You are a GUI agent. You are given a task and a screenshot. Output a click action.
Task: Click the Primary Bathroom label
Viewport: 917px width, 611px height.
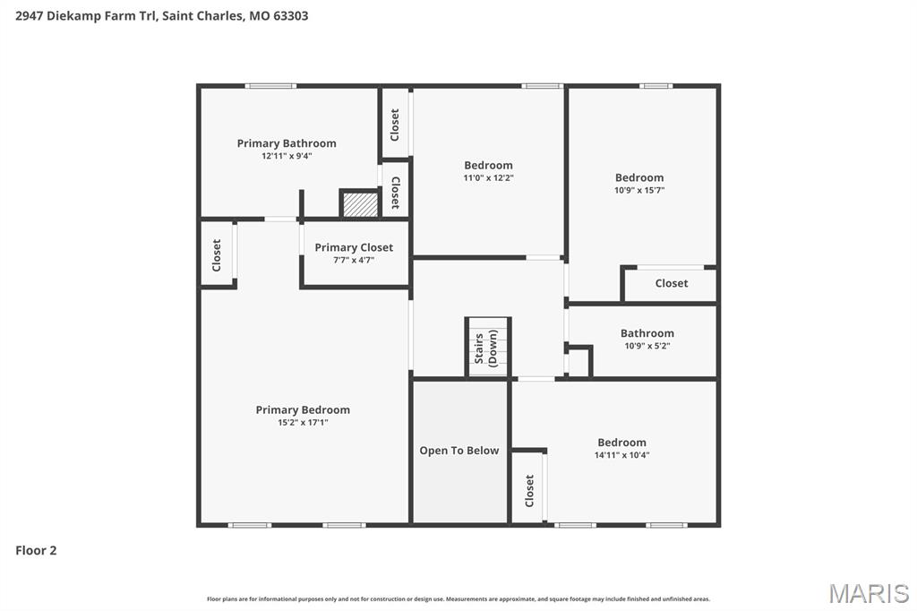pos(287,143)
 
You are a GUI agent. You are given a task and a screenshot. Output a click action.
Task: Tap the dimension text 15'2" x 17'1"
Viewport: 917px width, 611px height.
pos(303,422)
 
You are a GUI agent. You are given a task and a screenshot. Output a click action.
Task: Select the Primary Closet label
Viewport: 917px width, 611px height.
pos(354,247)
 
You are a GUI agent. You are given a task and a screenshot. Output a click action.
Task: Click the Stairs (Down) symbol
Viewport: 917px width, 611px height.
pos(488,348)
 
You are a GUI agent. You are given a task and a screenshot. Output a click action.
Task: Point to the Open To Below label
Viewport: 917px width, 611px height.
pos(459,451)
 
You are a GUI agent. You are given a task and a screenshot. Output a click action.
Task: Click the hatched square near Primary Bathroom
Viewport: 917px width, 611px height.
pos(361,203)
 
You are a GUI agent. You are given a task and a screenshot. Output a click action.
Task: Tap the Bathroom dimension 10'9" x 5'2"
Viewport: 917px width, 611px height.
pos(647,346)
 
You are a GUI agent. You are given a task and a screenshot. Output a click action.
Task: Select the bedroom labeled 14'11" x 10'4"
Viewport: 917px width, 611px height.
pos(621,443)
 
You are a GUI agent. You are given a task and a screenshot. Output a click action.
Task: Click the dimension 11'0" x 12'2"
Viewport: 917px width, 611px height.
pos(488,177)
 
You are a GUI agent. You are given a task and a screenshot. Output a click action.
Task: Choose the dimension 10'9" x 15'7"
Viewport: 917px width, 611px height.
pos(639,190)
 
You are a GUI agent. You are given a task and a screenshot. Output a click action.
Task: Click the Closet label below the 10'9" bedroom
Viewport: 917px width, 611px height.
pos(671,283)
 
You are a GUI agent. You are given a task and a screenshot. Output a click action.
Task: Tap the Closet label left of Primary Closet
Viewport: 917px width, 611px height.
pos(217,254)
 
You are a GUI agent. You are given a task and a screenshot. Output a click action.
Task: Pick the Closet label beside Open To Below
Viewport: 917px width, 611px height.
pos(529,490)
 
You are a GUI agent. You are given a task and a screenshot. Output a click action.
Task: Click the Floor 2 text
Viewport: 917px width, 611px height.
pos(36,551)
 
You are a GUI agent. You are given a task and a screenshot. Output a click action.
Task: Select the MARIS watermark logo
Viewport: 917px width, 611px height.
pos(869,593)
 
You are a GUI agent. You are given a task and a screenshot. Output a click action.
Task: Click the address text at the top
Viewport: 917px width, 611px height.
pos(162,16)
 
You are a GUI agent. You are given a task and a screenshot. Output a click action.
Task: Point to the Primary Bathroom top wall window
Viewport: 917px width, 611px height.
pos(270,86)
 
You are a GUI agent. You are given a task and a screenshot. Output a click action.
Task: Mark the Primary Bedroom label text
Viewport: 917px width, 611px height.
pos(303,409)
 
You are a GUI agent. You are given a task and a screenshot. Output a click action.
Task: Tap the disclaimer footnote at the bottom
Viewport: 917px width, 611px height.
pos(458,598)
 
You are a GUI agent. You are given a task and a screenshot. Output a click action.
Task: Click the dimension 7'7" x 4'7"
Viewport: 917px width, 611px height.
pos(354,260)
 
